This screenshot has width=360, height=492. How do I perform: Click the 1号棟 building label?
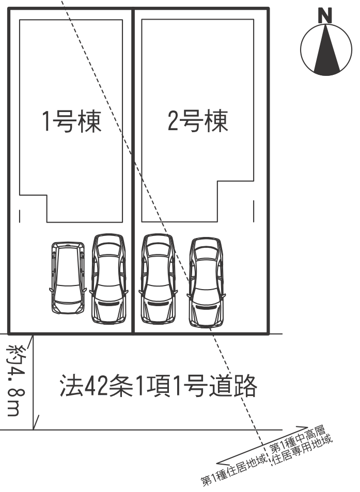point(71,121)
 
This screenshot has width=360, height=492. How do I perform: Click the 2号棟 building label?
point(198,121)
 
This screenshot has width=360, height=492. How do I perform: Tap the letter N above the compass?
point(325,17)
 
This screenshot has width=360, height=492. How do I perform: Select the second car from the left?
point(108,279)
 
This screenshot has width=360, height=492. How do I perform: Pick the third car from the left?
point(158,279)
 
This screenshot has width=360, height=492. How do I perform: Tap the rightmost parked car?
point(206,282)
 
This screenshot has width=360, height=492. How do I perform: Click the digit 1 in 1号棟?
point(46,121)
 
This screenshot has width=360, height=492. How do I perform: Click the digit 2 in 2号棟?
point(174,121)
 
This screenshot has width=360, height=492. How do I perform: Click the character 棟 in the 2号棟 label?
point(215,121)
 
